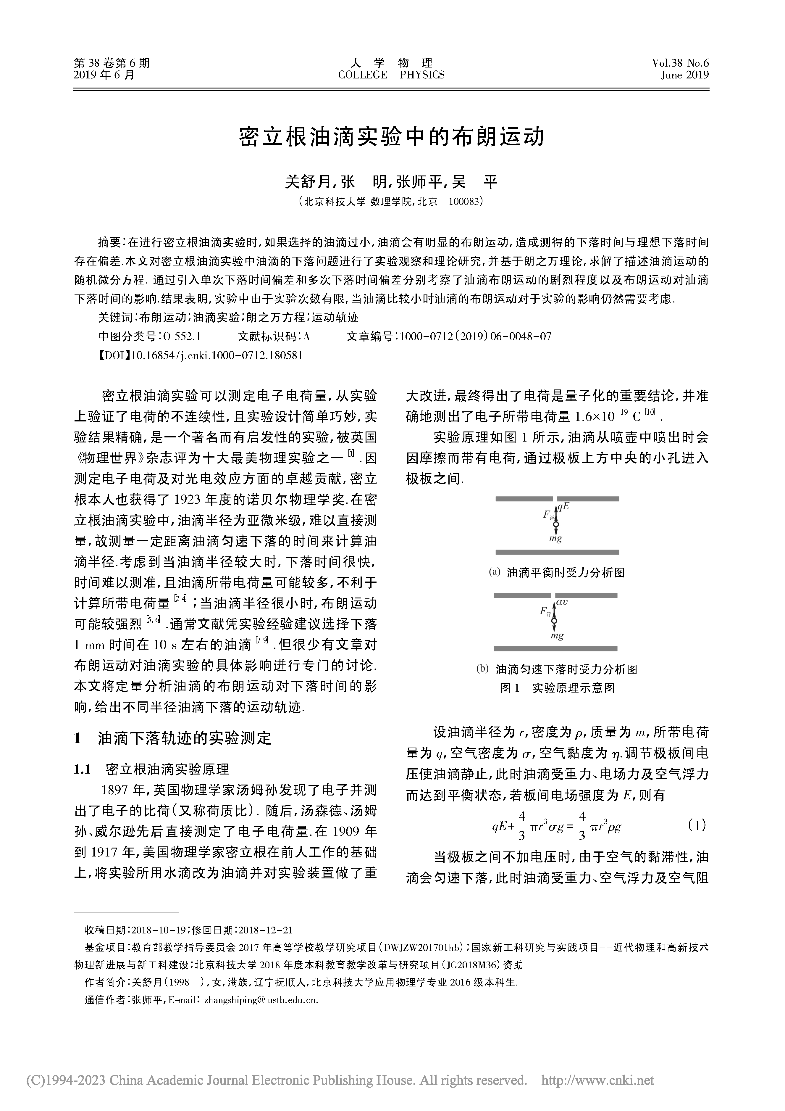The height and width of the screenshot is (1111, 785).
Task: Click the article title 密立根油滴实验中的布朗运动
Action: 392,137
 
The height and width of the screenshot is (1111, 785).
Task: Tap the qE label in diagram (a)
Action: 563,507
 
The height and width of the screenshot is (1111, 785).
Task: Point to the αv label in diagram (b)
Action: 562,603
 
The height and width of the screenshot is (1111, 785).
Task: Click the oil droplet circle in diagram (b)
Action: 554,621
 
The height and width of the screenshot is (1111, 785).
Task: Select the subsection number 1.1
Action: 82,769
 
